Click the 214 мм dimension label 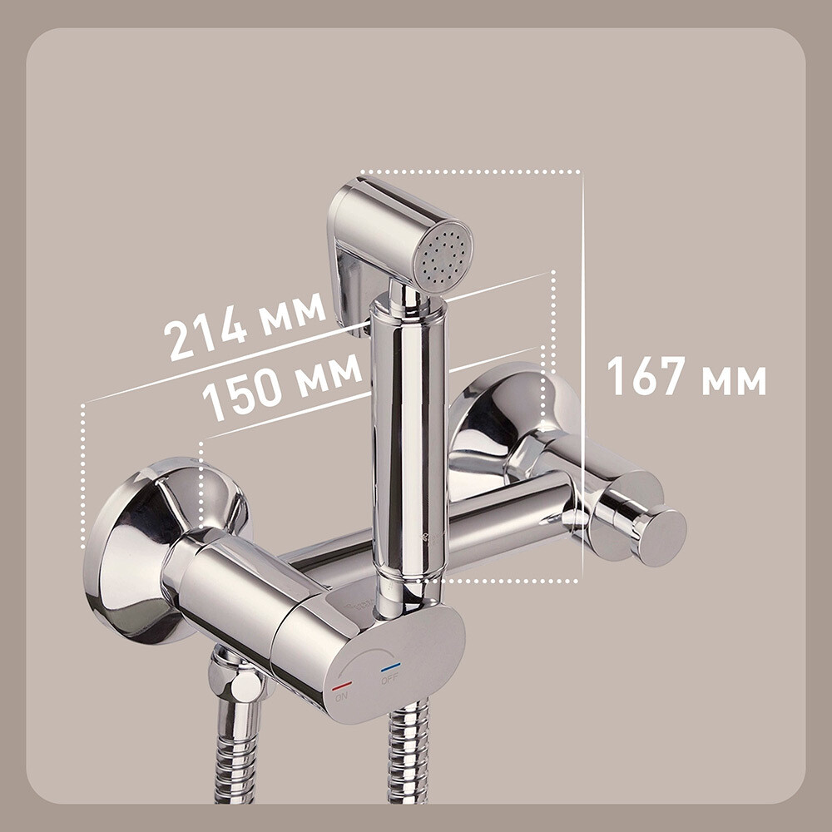click(245, 326)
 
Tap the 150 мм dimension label click(282, 385)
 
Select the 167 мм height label click(686, 376)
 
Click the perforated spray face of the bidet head click(443, 256)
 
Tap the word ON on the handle click(342, 696)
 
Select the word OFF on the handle click(389, 678)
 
